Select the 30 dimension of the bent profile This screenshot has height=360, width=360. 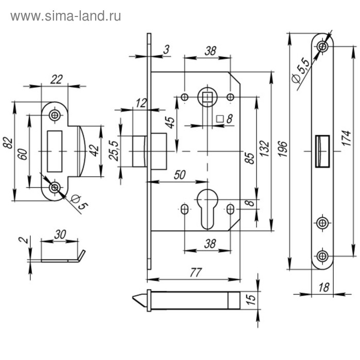[60, 235]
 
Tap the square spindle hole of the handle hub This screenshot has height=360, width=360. [207, 96]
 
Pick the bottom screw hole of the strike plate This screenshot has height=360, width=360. [53, 188]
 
